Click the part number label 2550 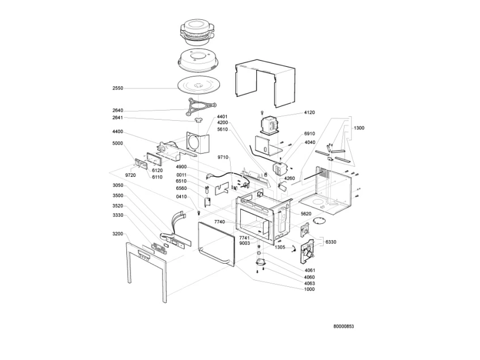click(x=117, y=88)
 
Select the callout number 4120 click(x=309, y=112)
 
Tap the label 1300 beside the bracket click(x=359, y=128)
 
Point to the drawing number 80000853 click(x=343, y=327)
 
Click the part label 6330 click(x=330, y=242)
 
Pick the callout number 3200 click(x=117, y=234)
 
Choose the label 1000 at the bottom click(x=309, y=289)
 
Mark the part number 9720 click(x=130, y=175)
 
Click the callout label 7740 click(x=219, y=222)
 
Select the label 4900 click(x=181, y=167)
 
